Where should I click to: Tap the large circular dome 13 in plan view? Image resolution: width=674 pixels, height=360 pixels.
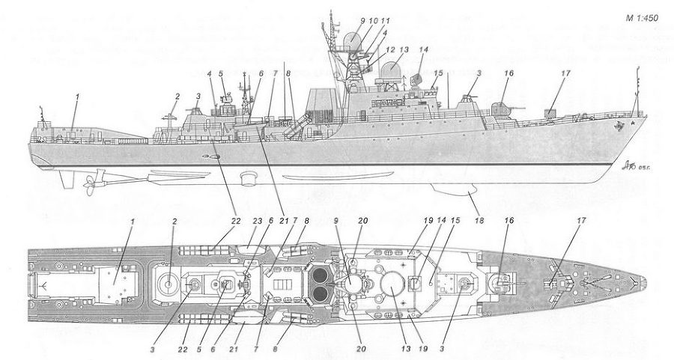391,284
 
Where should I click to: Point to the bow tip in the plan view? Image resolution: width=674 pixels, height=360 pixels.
642,284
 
